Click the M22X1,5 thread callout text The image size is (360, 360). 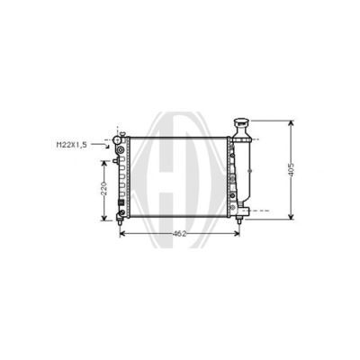[x=72, y=145]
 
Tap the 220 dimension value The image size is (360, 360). [x=103, y=189]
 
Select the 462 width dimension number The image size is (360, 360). [x=180, y=234]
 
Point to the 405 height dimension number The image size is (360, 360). [x=291, y=170]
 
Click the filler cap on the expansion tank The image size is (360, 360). [x=242, y=122]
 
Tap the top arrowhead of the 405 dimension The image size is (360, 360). [x=291, y=123]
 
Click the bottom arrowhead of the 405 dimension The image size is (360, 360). [x=291, y=217]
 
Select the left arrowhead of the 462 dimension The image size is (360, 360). [x=122, y=234]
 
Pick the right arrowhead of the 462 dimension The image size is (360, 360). [x=237, y=234]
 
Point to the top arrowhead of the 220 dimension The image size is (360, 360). [x=104, y=163]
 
